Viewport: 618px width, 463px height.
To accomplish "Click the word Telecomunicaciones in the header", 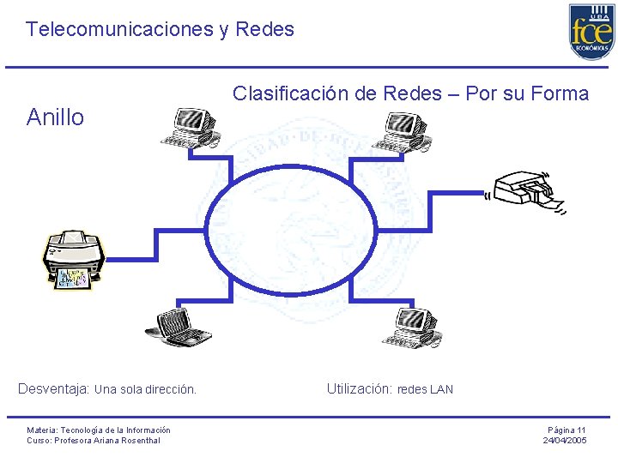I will click(x=119, y=29).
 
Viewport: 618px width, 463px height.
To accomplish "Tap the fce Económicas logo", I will click(x=591, y=32).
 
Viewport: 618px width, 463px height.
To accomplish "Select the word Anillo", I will click(x=56, y=117).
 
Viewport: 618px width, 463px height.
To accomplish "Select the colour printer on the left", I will click(x=74, y=258).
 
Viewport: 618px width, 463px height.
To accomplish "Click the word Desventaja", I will click(x=53, y=388).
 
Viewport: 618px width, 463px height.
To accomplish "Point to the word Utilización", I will click(x=359, y=388).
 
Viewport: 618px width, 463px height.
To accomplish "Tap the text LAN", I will click(x=441, y=389).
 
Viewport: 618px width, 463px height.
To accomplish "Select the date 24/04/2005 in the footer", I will click(x=565, y=441).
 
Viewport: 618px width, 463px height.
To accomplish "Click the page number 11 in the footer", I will click(x=581, y=430).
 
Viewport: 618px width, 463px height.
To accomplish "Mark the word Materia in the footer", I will click(x=41, y=430).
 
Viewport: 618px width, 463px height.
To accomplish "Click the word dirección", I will click(x=170, y=389).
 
